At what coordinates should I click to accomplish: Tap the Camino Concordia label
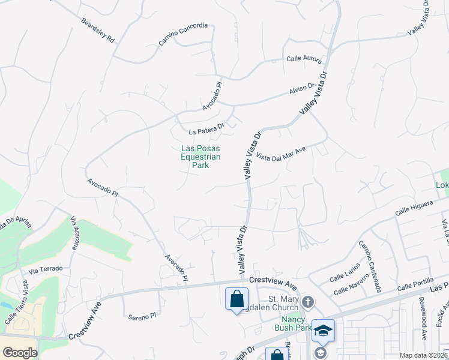click(x=183, y=34)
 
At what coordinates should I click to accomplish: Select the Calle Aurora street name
click(x=304, y=59)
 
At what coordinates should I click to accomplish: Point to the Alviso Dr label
click(x=302, y=89)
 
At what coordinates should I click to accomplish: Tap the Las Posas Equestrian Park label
click(x=200, y=157)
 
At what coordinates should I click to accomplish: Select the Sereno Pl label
click(x=142, y=316)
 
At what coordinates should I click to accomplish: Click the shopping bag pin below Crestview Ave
click(x=237, y=298)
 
